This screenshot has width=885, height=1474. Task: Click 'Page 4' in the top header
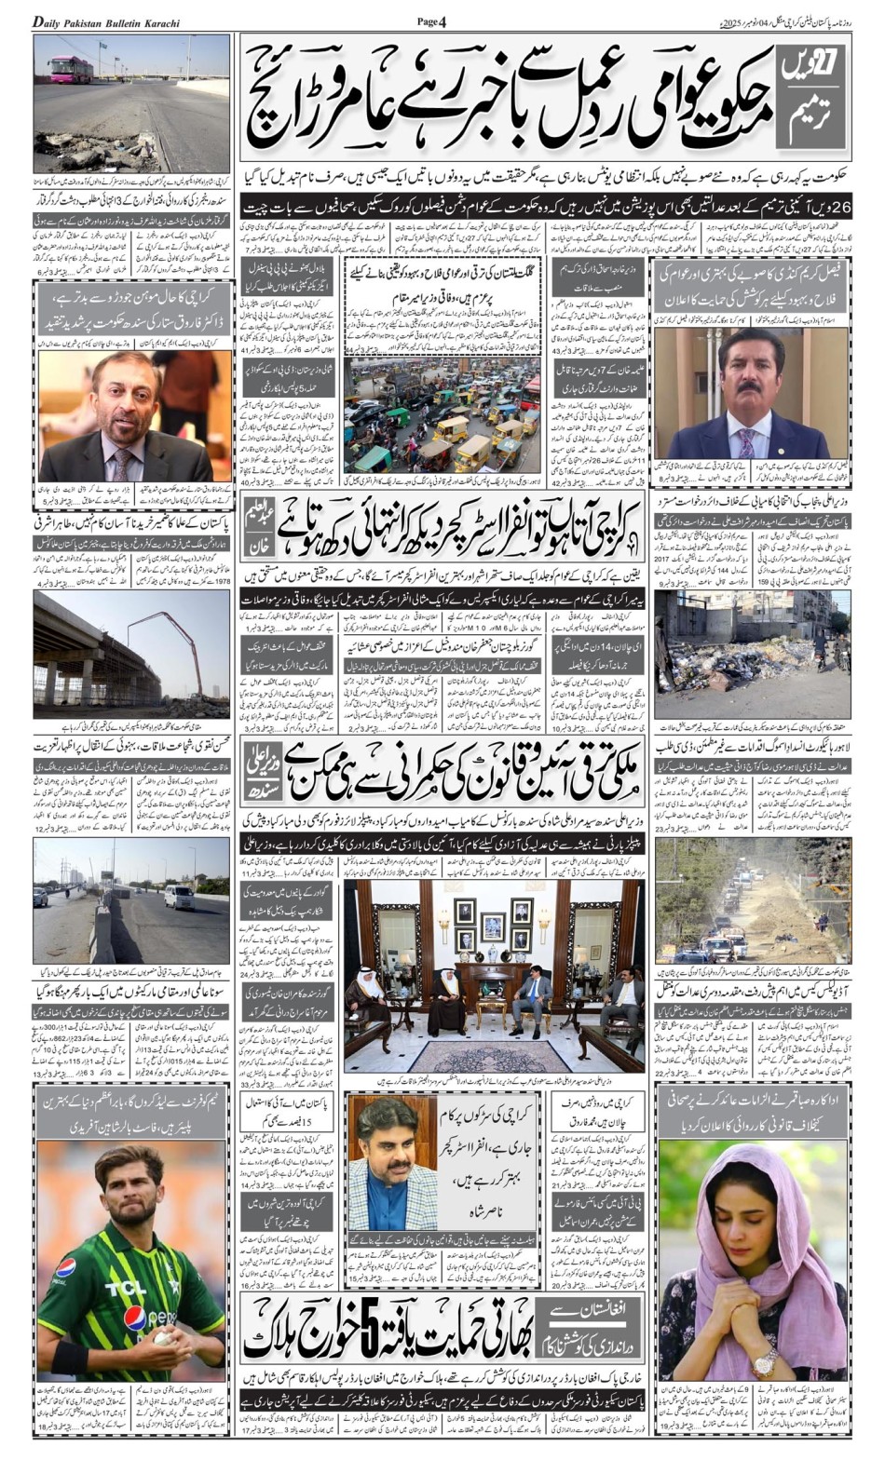click(x=431, y=20)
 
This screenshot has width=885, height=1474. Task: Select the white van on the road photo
click(x=179, y=896)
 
